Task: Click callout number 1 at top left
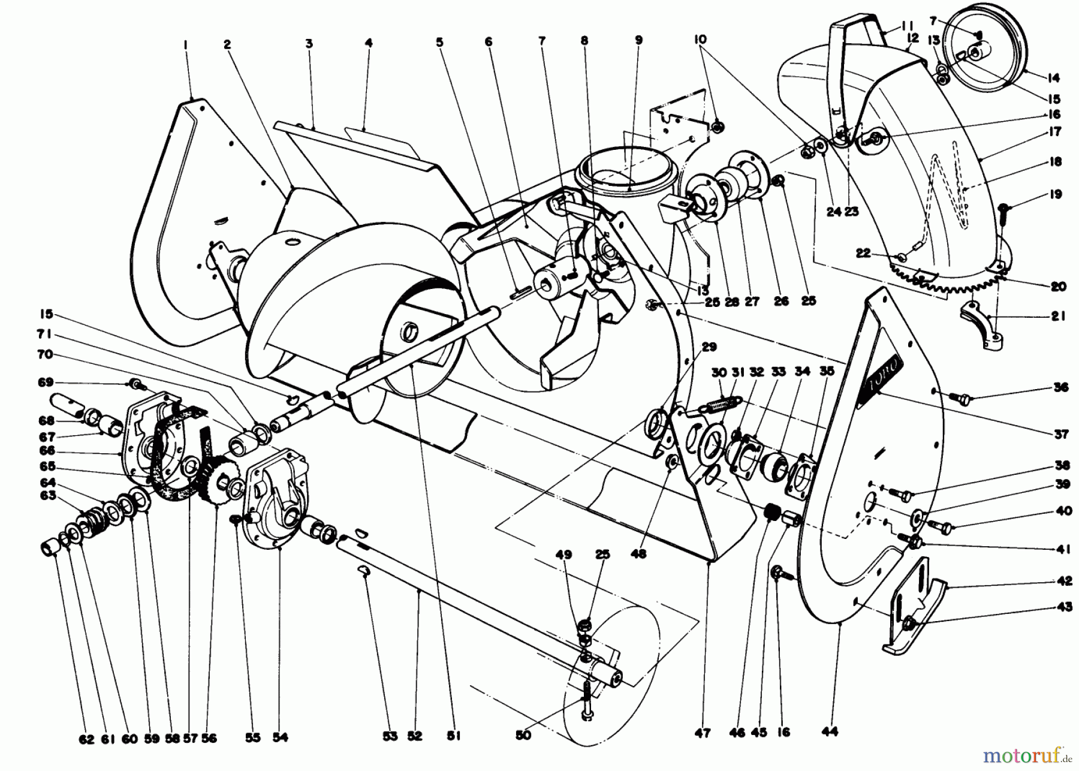pyautogui.click(x=186, y=44)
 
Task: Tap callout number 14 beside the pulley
pyautogui.click(x=1053, y=77)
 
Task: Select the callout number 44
pyautogui.click(x=830, y=731)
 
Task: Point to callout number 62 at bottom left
pyautogui.click(x=87, y=739)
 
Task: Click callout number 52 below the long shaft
pyautogui.click(x=415, y=736)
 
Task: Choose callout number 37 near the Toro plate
pyautogui.click(x=1061, y=433)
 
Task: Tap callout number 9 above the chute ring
pyautogui.click(x=638, y=40)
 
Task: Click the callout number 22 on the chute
pyautogui.click(x=863, y=254)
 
